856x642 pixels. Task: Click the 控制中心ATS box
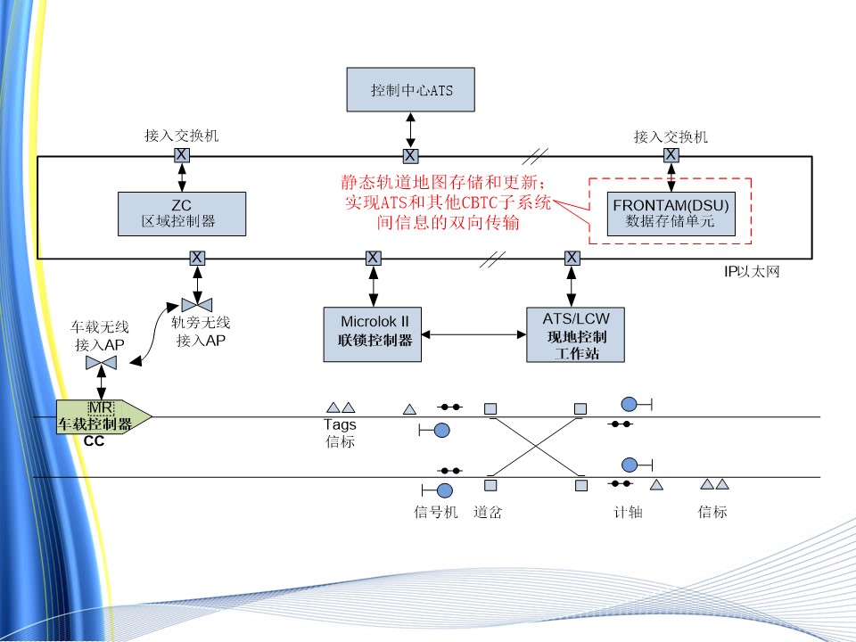point(411,90)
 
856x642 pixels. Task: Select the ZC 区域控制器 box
point(182,213)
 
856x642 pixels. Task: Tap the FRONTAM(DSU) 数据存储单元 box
point(671,213)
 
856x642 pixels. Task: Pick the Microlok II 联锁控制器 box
point(374,333)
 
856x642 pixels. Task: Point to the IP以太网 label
point(752,271)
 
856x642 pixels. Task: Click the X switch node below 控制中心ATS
point(410,156)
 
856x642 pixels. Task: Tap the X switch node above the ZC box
point(181,155)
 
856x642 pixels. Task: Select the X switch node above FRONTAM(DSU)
point(671,155)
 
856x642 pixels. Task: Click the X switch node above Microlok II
point(374,259)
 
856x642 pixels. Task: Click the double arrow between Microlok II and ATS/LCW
point(473,334)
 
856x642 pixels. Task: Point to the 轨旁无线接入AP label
point(202,332)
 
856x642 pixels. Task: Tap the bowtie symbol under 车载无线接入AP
point(102,362)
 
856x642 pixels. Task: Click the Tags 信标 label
point(340,432)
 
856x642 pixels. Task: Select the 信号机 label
point(436,513)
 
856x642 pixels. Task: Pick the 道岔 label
point(490,513)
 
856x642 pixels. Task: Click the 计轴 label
point(628,513)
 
